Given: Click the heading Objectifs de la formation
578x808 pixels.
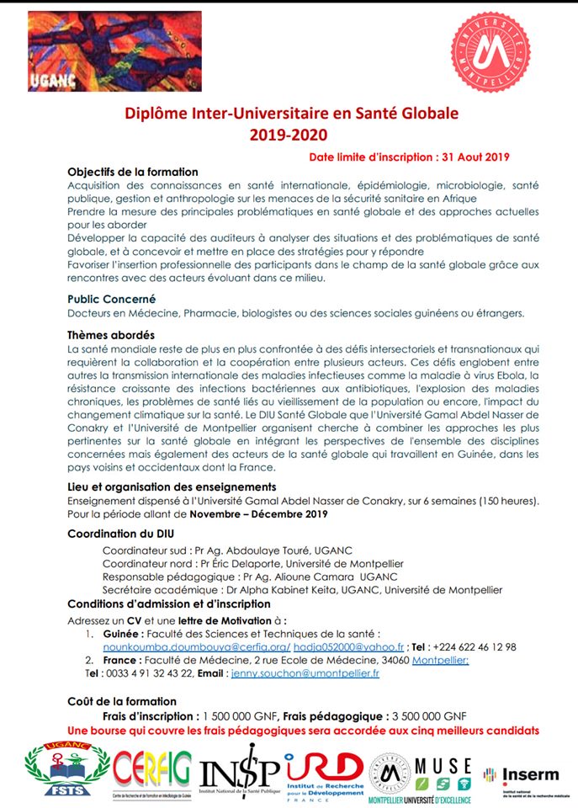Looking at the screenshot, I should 132,173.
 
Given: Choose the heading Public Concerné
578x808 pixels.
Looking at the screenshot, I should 111,298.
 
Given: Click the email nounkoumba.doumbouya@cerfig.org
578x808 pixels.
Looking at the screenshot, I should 196,646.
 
